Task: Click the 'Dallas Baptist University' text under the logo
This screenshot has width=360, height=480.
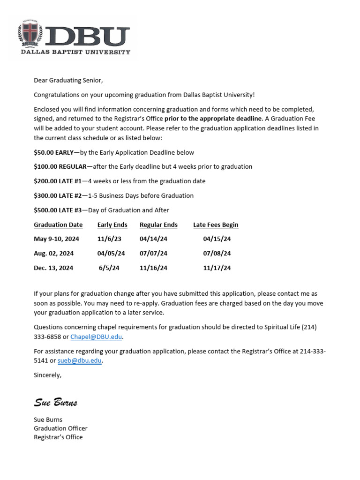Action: [x=75, y=52]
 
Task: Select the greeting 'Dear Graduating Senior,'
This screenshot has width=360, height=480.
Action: [x=68, y=80]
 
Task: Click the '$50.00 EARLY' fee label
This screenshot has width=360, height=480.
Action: [x=53, y=152]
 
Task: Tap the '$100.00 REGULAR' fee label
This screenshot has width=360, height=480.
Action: [x=60, y=166]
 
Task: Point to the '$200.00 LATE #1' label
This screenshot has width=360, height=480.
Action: [x=58, y=181]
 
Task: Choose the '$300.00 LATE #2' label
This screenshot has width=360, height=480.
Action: [x=58, y=195]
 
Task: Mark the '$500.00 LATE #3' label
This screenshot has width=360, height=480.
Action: [x=58, y=210]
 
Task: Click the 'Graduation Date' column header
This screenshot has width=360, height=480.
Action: [x=58, y=225]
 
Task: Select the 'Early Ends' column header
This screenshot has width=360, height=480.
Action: [x=112, y=225]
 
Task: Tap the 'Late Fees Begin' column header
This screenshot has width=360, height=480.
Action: [x=216, y=225]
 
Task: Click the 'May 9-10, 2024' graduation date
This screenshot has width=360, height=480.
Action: [x=56, y=239]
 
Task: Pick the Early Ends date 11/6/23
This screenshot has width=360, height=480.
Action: [x=109, y=239]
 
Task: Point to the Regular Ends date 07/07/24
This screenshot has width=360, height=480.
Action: [x=153, y=254]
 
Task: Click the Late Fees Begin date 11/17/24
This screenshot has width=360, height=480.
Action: [x=217, y=268]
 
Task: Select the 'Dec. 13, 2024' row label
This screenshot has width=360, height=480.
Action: [x=53, y=268]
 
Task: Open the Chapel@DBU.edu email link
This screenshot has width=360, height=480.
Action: [x=97, y=337]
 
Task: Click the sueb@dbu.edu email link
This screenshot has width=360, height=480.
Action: [x=79, y=360]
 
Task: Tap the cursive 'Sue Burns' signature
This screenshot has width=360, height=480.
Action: [x=55, y=403]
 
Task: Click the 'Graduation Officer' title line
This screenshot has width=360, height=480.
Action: [x=60, y=428]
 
